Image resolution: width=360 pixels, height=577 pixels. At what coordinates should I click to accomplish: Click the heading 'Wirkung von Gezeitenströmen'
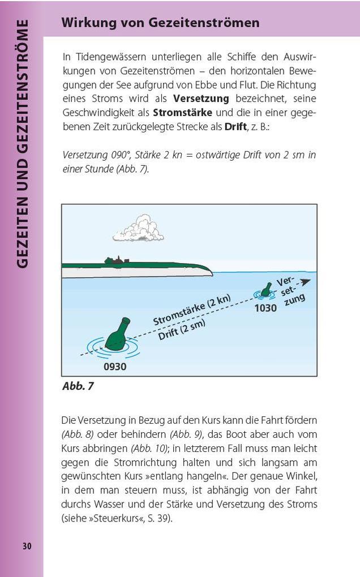[160, 23]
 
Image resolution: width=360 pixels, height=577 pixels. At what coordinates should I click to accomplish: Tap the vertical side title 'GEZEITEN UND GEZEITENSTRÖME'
[23, 144]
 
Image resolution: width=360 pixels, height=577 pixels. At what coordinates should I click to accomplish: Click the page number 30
[27, 546]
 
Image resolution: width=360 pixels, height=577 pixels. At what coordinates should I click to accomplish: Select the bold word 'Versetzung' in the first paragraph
[201, 98]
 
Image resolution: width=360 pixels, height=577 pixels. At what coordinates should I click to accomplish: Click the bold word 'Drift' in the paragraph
[235, 126]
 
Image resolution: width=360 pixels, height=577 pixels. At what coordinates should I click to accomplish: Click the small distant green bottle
[265, 290]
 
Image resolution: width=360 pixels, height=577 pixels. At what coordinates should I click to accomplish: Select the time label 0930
[115, 367]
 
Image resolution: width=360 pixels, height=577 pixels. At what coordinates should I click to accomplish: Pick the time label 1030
[265, 308]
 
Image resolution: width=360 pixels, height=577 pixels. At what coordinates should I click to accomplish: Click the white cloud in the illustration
[138, 228]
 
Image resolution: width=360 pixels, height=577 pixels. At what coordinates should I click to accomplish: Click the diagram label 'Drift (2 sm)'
[181, 329]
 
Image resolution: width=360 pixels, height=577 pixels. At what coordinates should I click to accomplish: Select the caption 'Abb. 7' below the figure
[78, 386]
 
